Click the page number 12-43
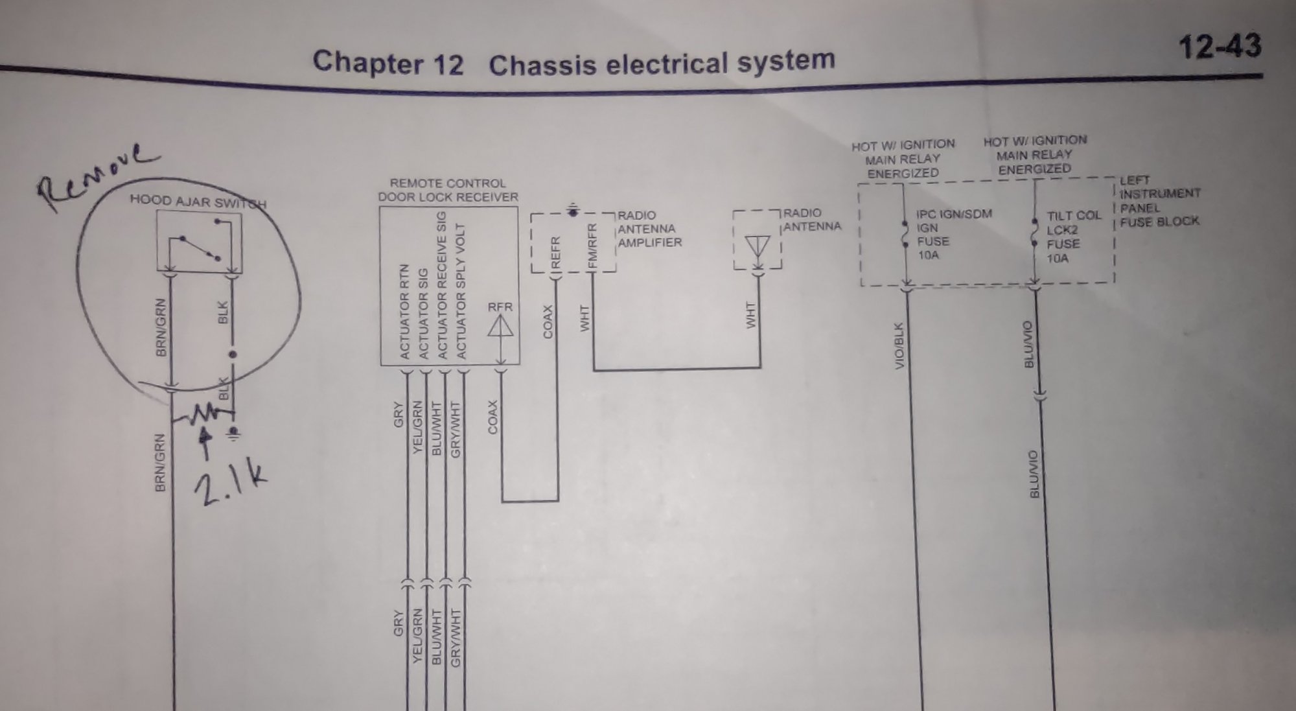pos(1220,46)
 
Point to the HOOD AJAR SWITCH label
pos(198,202)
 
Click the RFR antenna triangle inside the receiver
pos(500,326)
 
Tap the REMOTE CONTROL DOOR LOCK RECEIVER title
pos(448,191)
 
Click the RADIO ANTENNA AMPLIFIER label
pos(649,229)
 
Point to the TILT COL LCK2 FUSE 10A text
pos(1072,237)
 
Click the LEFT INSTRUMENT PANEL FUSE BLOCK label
pos(1159,201)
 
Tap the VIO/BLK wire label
pos(899,346)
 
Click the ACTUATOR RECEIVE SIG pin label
pos(443,285)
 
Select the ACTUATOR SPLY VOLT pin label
pos(461,292)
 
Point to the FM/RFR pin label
pos(592,246)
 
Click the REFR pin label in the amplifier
pos(555,252)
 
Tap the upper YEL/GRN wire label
pos(417,427)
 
